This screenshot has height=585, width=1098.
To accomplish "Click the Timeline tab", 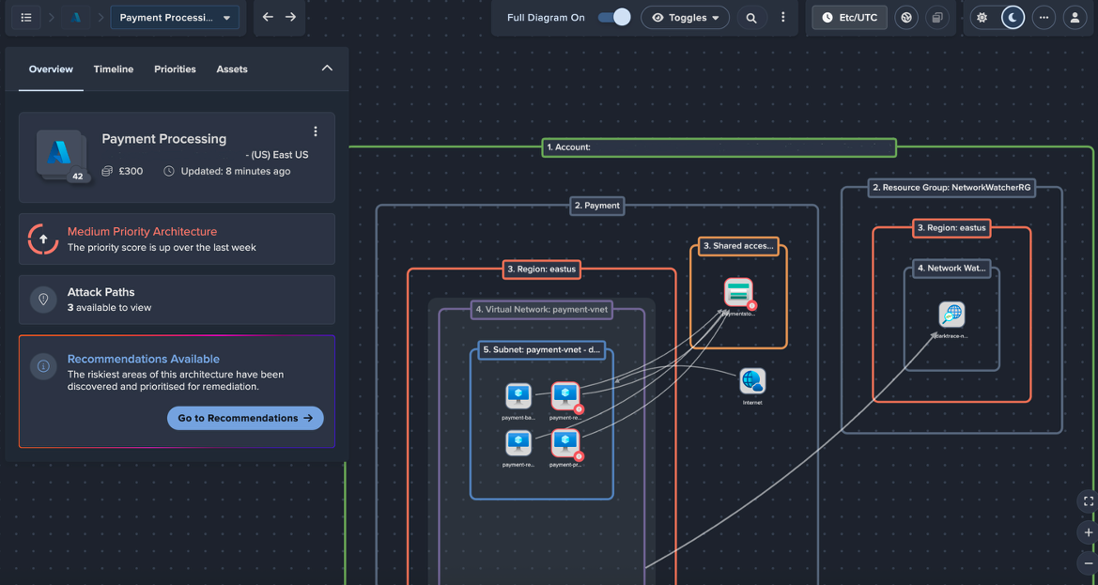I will pyautogui.click(x=114, y=69).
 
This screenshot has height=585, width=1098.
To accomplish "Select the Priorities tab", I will pyautogui.click(x=175, y=69).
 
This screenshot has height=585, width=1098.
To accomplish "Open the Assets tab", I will pyautogui.click(x=232, y=69).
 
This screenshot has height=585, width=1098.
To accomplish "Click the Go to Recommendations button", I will pyautogui.click(x=245, y=418).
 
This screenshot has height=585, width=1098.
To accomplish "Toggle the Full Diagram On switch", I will pyautogui.click(x=614, y=18).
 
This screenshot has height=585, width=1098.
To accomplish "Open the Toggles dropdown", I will pyautogui.click(x=685, y=18).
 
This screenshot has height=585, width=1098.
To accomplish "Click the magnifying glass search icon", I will pyautogui.click(x=750, y=18).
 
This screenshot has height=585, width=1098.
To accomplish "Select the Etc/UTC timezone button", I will pyautogui.click(x=849, y=18).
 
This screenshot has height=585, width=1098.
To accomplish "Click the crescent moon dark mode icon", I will pyautogui.click(x=1013, y=18).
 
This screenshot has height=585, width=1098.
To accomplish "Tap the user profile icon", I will pyautogui.click(x=1075, y=18).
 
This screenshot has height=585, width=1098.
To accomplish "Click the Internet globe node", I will pyautogui.click(x=752, y=381).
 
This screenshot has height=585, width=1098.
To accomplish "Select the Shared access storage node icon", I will pyautogui.click(x=738, y=292).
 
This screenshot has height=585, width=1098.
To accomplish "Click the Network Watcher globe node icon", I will pyautogui.click(x=951, y=315).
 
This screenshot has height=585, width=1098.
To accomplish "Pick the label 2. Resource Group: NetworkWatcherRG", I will pyautogui.click(x=951, y=188).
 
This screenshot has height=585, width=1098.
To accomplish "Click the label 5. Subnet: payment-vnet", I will pyautogui.click(x=541, y=350).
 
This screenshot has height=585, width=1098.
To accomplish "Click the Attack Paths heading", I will pyautogui.click(x=101, y=292).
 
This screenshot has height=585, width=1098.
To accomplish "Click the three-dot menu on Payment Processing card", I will pyautogui.click(x=316, y=131).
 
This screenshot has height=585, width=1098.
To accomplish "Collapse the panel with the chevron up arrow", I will pyautogui.click(x=327, y=69).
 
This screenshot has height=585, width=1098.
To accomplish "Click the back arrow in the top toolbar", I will pyautogui.click(x=268, y=17).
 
